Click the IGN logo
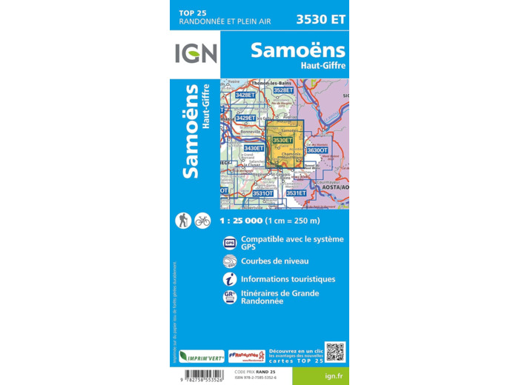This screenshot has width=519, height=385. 196,53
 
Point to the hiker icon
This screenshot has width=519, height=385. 182,220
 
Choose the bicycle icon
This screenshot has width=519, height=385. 202,220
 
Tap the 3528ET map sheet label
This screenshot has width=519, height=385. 283,90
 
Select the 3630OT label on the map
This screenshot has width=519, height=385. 317,150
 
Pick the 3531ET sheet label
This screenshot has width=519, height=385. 296,193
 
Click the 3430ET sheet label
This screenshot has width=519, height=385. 254,148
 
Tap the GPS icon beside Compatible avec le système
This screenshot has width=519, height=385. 230,243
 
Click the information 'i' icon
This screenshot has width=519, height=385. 230,279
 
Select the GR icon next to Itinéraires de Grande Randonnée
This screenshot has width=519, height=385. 230,297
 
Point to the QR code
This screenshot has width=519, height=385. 335,352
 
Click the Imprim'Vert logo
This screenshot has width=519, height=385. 201,355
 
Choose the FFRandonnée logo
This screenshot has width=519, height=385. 246,356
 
